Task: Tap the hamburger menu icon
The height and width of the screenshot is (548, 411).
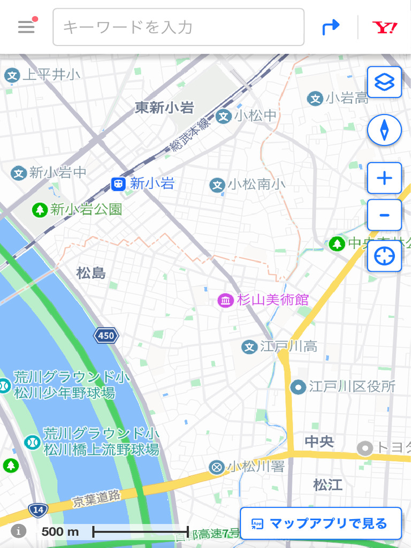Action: tap(26, 27)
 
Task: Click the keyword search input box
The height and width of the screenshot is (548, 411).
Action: tap(178, 27)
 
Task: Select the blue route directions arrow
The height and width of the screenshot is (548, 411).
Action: tap(331, 27)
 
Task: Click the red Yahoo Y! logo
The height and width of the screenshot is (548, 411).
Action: tap(385, 27)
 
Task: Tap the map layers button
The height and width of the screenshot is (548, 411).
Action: tap(384, 82)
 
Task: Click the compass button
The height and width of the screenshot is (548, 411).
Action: tap(384, 130)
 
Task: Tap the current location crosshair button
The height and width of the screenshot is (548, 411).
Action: tap(384, 256)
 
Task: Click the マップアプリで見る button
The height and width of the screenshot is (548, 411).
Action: tap(321, 523)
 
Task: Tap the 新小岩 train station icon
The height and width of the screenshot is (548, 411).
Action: tap(118, 184)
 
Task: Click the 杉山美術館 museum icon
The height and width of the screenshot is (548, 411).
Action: tap(225, 300)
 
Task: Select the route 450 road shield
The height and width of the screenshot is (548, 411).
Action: tap(106, 336)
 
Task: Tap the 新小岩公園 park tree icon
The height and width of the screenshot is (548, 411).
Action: tap(40, 209)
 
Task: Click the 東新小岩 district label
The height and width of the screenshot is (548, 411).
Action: tap(164, 108)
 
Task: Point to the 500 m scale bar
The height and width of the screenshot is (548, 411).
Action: tap(140, 531)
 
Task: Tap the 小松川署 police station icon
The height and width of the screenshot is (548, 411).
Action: tap(217, 467)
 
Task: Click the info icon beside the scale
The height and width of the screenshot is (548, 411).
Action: tap(19, 531)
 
